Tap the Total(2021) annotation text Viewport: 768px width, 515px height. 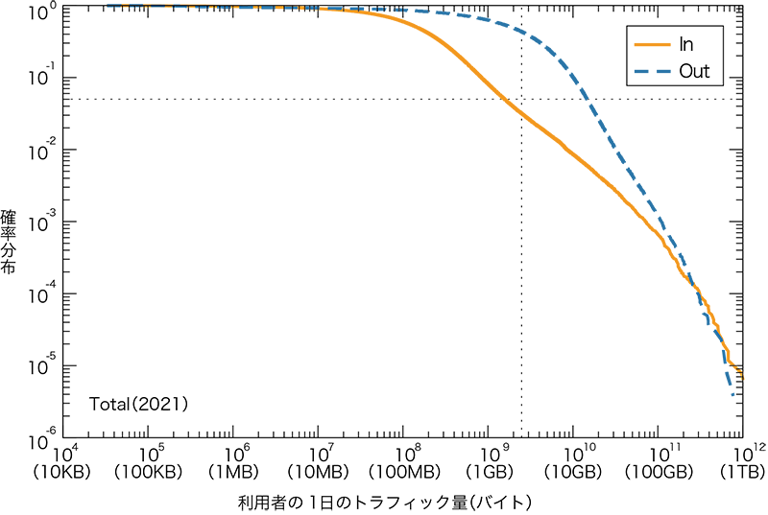[138, 404]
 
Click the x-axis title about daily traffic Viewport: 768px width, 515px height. [384, 502]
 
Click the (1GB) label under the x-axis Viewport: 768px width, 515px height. [489, 472]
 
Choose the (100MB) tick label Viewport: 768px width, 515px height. [404, 472]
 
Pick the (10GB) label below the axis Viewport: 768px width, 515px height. [574, 472]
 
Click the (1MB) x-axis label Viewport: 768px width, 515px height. [235, 472]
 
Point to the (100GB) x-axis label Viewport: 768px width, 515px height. [659, 472]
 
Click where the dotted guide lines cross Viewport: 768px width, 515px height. [521, 99]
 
